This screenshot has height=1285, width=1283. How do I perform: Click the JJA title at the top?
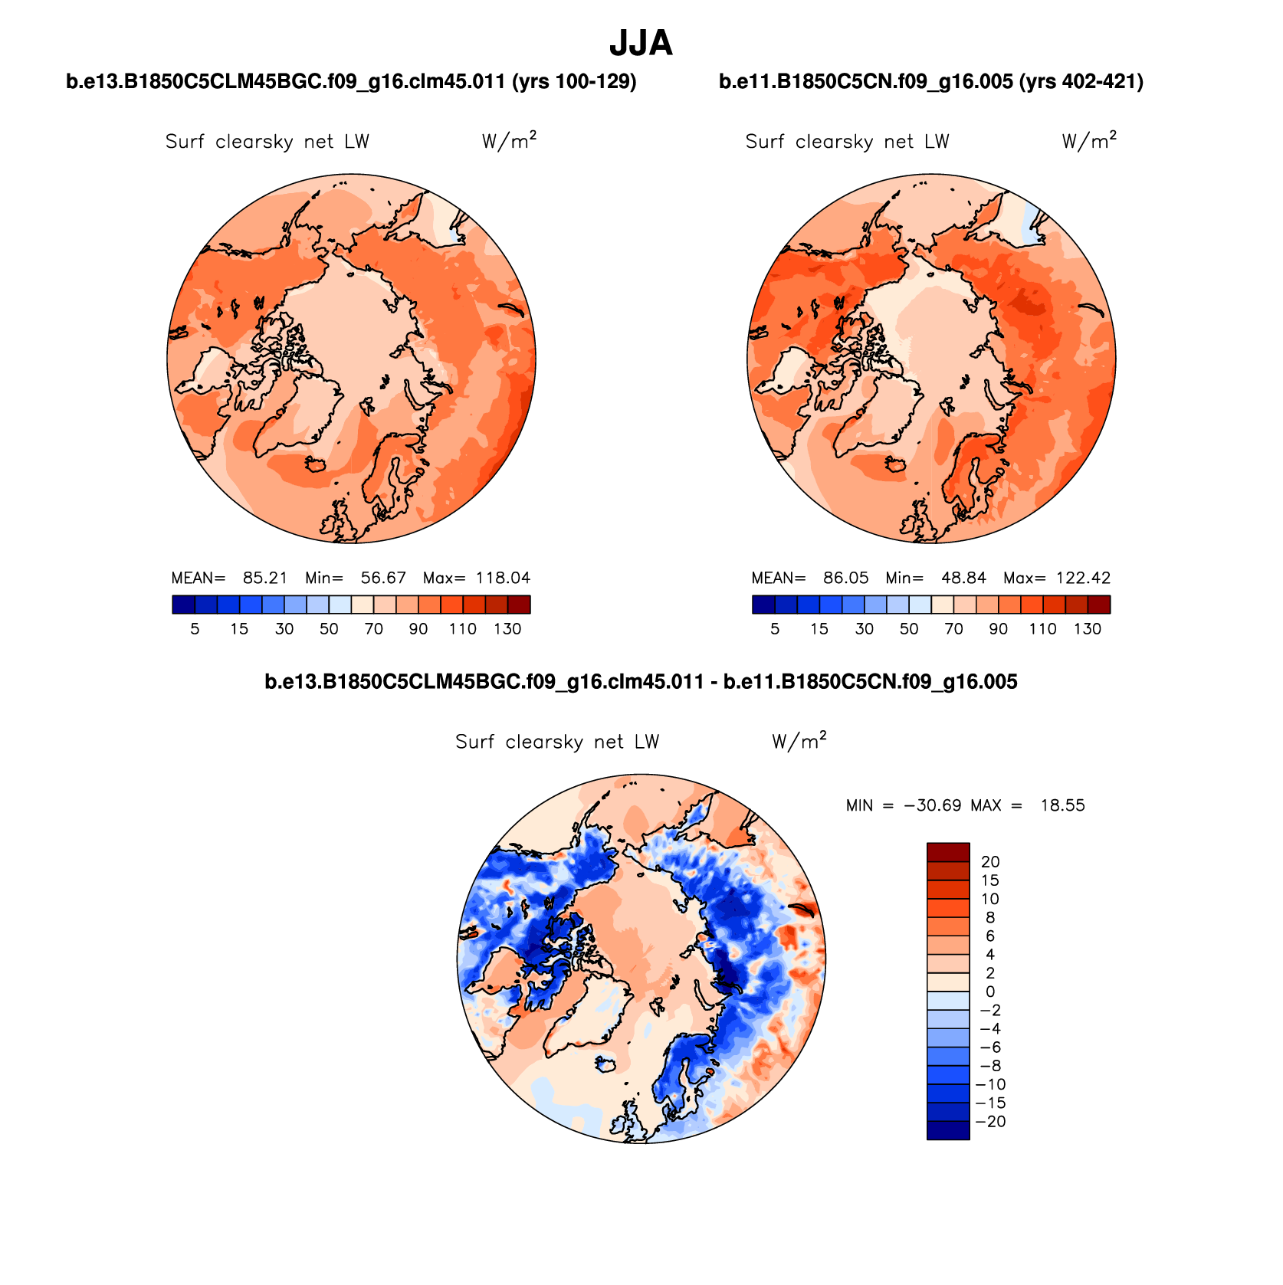point(641,44)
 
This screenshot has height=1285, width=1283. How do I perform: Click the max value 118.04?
point(503,578)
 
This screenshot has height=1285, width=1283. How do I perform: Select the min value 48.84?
point(964,578)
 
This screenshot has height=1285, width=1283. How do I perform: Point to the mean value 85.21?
point(264,578)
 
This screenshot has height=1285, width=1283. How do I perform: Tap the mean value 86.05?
point(845,578)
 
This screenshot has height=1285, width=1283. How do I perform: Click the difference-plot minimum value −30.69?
point(933,805)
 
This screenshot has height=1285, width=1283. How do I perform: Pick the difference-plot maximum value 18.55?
point(1062,805)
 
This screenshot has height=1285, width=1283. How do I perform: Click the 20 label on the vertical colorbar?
point(990,862)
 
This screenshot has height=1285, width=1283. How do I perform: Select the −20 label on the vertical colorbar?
point(993,1122)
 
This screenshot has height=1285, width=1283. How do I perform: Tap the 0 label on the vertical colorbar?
point(990,992)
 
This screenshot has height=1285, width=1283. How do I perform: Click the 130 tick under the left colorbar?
point(507,629)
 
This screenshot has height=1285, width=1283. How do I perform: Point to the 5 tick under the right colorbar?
point(775,629)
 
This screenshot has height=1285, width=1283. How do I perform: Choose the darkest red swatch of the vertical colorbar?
point(948,852)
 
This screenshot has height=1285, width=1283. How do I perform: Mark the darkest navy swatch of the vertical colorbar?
point(948,1130)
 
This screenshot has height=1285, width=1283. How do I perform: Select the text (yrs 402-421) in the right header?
point(1081,81)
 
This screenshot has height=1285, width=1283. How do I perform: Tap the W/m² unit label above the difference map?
point(799,741)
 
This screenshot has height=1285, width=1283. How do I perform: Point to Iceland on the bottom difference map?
point(605,1064)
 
